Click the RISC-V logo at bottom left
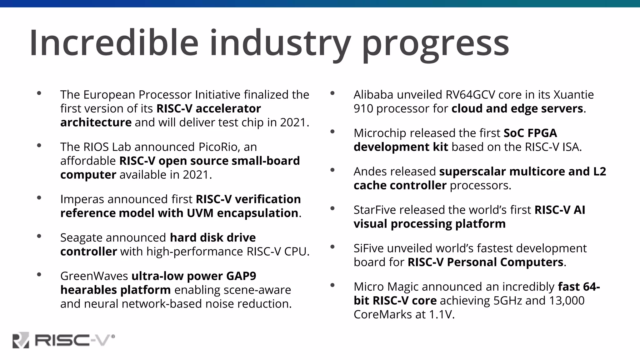(64, 340)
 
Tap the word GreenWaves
(94, 276)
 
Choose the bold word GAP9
(241, 276)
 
